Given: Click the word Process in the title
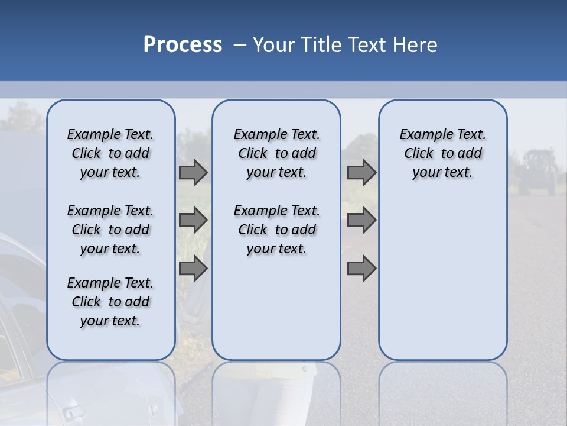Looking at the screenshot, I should point(183,45).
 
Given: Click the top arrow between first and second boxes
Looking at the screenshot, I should point(193,173).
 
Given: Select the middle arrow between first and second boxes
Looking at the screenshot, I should point(193,221).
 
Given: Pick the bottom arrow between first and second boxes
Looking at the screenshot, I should point(193,269).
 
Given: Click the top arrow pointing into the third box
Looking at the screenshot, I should point(361,173).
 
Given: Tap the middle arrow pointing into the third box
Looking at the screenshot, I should point(361,221).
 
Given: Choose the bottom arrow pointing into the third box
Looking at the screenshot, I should point(361,269).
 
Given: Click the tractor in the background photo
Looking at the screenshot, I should point(537,172).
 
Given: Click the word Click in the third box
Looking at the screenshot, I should point(419,154).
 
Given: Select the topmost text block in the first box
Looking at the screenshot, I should point(110,153).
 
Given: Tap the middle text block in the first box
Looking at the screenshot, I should point(110,230).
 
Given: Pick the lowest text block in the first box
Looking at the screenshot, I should point(110,302).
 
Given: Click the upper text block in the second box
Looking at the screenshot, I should point(276,153).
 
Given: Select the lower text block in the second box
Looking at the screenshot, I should point(276,230).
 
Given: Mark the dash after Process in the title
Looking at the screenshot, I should point(239,45).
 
